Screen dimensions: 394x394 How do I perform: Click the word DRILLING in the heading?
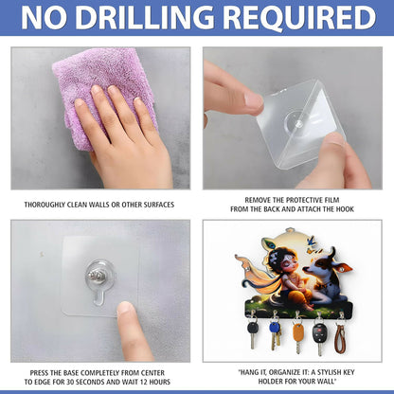[144, 17]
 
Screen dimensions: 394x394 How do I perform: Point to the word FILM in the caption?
[332, 200]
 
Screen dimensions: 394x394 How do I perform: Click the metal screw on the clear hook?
[97, 277]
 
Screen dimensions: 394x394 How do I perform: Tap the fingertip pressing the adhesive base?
[125, 309]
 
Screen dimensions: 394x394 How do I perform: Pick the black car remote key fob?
[319, 332]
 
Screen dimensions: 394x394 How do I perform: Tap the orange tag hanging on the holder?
[298, 332]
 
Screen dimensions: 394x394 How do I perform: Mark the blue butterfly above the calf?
[312, 241]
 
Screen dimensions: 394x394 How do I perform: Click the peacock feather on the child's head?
[268, 242]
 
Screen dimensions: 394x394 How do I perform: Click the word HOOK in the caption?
[346, 209]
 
